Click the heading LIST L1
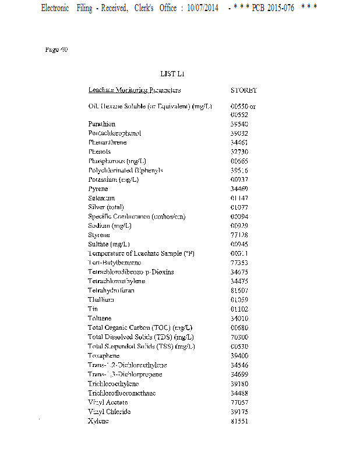pyautogui.click(x=172, y=74)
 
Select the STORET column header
pyautogui.click(x=243, y=90)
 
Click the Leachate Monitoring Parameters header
pyautogui.click(x=135, y=90)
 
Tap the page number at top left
pyautogui.click(x=57, y=50)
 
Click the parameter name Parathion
pyautogui.click(x=102, y=123)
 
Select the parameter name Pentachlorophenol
pyautogui.click(x=115, y=133)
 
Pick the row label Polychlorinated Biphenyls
pyautogui.click(x=125, y=170)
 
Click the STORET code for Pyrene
pyautogui.click(x=239, y=189)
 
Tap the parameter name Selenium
pyautogui.click(x=101, y=198)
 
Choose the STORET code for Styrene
pyautogui.click(x=239, y=235)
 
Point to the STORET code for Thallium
pyautogui.click(x=239, y=299)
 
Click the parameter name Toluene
pyautogui.click(x=100, y=318)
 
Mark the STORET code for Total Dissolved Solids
pyautogui.click(x=239, y=337)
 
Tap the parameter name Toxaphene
pyautogui.click(x=104, y=355)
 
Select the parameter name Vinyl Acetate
pyautogui.click(x=109, y=402)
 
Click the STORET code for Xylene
pyautogui.click(x=239, y=421)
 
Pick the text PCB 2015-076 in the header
pyautogui.click(x=273, y=9)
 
